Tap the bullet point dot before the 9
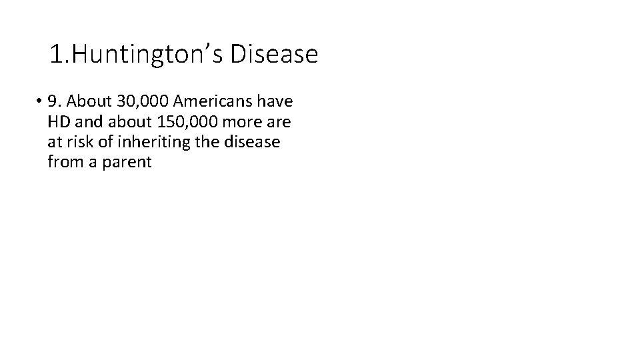[x=41, y=102]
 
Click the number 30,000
[x=140, y=102]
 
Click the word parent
[x=129, y=162]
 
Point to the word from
[x=64, y=162]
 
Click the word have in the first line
[x=277, y=102]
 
